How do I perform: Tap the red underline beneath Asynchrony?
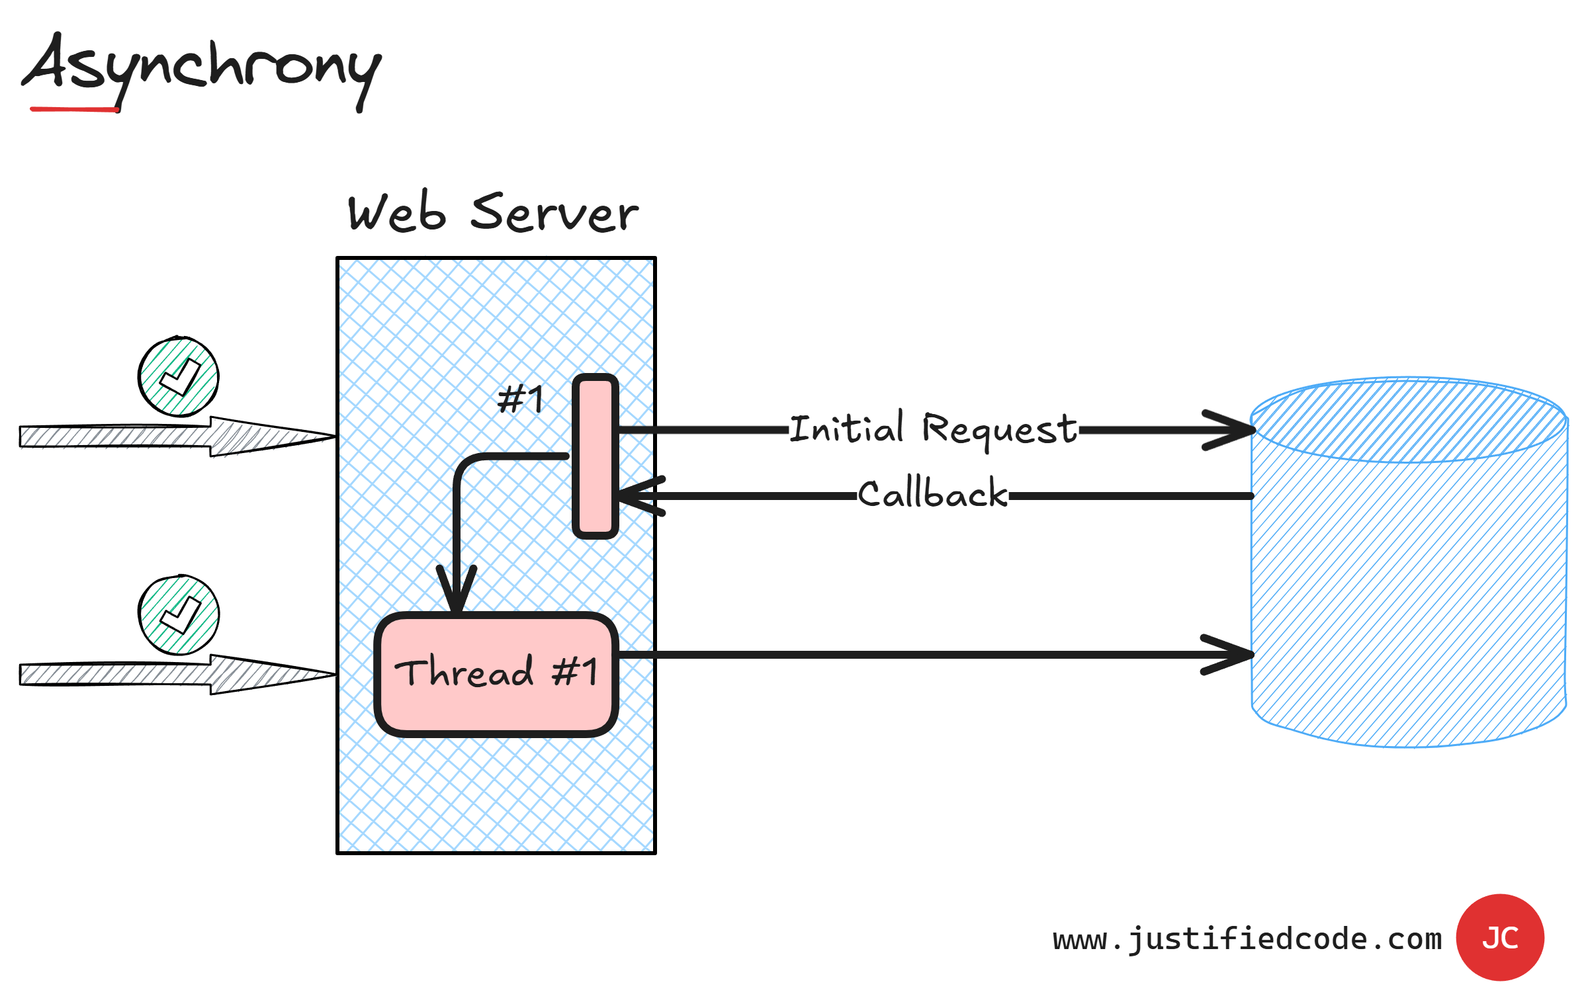74,109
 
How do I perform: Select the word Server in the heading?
554,213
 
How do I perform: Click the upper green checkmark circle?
179,377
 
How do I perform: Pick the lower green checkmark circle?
179,615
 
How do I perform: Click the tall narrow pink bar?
595,456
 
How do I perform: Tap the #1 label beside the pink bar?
520,399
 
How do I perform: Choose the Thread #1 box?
496,673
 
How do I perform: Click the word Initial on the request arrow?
847,428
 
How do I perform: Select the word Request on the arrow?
999,430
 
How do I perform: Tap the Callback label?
933,494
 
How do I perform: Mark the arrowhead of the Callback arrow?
635,496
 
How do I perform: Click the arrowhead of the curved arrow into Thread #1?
457,589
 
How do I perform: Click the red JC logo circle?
1500,937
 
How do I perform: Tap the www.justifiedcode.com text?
1247,939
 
